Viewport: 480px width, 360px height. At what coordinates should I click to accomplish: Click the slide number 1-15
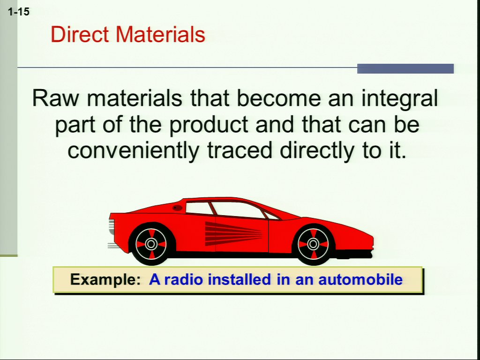tap(19, 12)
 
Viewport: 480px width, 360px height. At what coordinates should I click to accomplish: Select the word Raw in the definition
tap(56, 98)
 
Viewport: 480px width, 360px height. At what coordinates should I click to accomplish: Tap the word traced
tap(240, 150)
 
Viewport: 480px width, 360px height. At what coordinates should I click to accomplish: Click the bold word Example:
tap(105, 280)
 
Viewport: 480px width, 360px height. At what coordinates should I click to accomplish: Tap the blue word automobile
tap(360, 279)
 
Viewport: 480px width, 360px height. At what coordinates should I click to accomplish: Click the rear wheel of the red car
tap(151, 244)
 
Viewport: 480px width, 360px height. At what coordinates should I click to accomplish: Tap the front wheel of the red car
tap(313, 244)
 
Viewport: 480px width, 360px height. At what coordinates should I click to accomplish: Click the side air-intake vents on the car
tap(233, 233)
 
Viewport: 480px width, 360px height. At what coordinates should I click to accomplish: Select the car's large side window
tap(237, 210)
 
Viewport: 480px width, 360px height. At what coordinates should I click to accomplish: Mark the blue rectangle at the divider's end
tap(405, 68)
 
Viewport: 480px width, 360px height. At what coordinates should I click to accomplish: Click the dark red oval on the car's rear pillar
tap(177, 208)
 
